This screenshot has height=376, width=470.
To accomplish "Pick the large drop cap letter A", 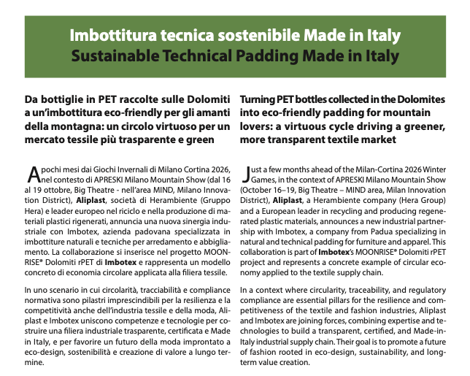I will (x=33, y=173).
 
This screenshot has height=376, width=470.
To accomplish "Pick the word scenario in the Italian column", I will (x=55, y=291).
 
